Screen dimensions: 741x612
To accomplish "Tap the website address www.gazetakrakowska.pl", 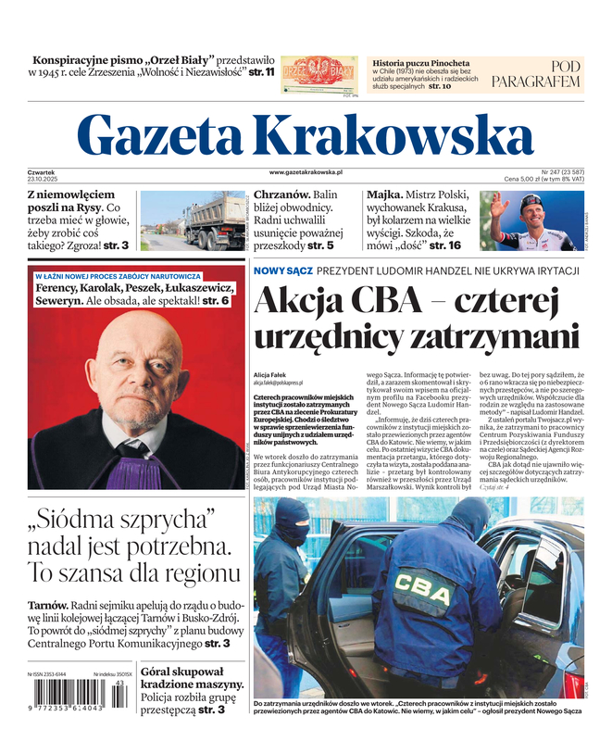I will coord(306,172).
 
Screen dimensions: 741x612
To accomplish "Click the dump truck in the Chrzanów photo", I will coord(215,223).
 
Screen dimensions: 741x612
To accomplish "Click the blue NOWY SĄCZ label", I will coord(281,270).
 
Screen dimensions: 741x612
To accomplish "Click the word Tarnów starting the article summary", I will coord(47,606).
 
